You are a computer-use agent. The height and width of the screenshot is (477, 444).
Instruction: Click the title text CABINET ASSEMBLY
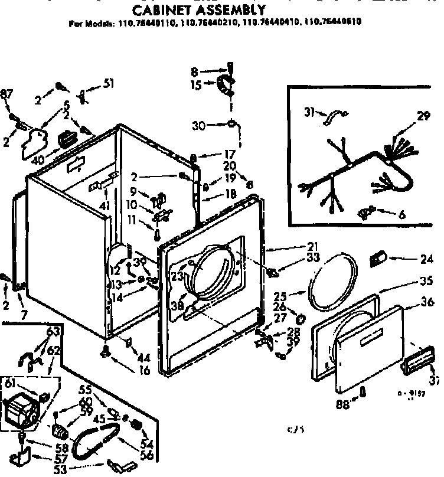pyautogui.click(x=197, y=10)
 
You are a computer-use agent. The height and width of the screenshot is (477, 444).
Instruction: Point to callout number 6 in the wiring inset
pyautogui.click(x=401, y=215)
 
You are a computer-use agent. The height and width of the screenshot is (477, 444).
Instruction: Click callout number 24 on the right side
pyautogui.click(x=427, y=259)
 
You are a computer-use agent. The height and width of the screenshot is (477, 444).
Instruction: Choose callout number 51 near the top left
pyautogui.click(x=108, y=83)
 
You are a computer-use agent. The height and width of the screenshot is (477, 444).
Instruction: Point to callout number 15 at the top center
pyautogui.click(x=196, y=84)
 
